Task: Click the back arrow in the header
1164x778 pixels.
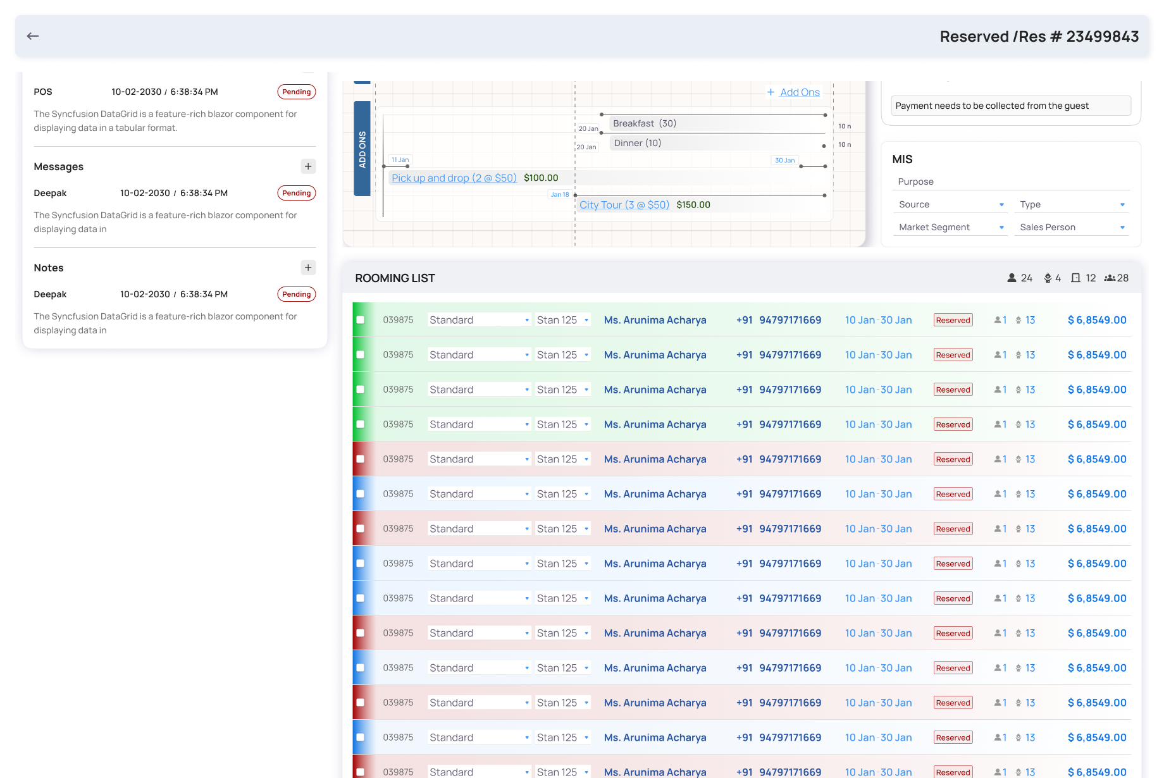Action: (33, 36)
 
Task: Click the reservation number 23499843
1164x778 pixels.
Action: (1103, 37)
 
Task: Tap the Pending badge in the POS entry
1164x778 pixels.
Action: (297, 92)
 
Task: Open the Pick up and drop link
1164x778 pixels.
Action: (454, 178)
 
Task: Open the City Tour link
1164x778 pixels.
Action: (624, 205)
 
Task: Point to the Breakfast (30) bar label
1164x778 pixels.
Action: (645, 123)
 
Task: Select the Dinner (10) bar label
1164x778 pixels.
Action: (638, 143)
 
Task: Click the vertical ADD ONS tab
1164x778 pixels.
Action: (362, 149)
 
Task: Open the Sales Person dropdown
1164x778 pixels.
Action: (1071, 227)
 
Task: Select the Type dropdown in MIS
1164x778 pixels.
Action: (1071, 204)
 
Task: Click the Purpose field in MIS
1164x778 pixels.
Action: (1011, 182)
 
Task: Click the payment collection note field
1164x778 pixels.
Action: (1011, 106)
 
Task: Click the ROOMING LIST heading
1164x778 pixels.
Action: (395, 278)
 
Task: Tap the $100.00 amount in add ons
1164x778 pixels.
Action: (541, 178)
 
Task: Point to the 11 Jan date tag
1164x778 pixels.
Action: (400, 160)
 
